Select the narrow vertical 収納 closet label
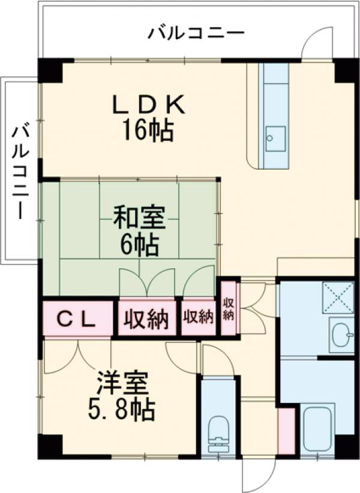[x=228, y=308]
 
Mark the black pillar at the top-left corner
[x=50, y=70]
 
